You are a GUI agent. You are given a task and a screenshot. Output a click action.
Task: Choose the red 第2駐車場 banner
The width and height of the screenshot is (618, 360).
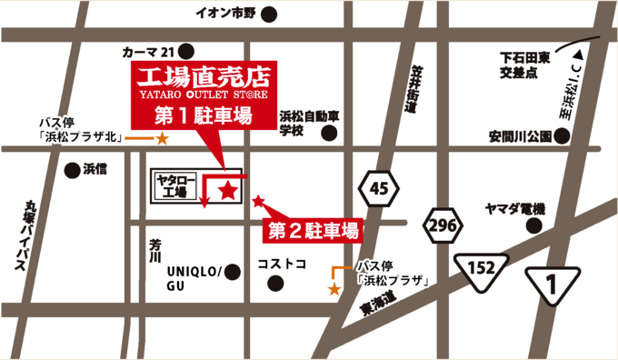312,230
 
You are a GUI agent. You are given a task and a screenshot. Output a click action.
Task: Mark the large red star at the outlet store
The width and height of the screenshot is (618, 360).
228,189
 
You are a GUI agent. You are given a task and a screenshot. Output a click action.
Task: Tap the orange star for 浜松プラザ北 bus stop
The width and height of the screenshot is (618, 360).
161,139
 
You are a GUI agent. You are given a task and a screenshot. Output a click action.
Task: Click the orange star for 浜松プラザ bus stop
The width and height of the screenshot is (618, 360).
334,289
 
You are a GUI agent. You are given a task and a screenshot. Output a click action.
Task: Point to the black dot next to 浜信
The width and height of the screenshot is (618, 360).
72,169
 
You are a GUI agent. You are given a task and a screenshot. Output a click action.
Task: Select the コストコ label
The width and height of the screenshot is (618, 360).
282,264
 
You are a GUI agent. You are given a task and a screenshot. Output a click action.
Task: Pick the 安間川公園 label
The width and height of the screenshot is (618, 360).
520,137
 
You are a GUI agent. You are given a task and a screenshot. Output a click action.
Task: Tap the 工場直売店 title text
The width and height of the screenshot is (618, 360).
203,74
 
